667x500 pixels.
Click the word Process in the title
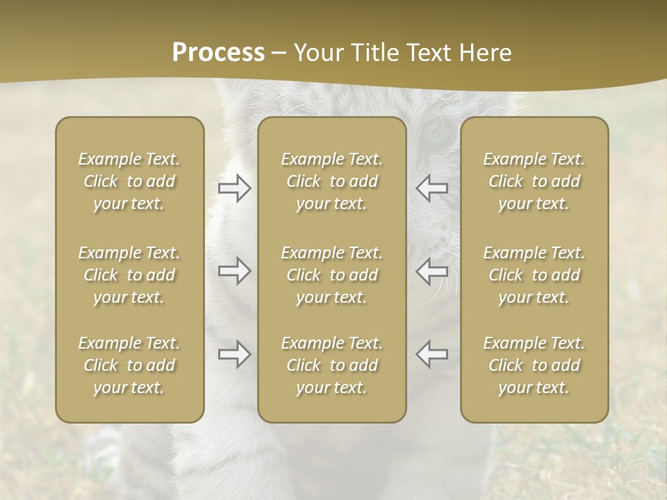(x=218, y=53)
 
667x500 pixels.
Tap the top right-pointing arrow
(x=234, y=188)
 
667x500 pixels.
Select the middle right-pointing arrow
(x=234, y=271)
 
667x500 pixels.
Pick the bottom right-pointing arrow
(x=234, y=354)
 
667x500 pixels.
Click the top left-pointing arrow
(x=431, y=188)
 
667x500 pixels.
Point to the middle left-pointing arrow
(x=431, y=271)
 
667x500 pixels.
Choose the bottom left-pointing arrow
(x=431, y=354)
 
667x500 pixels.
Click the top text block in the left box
(x=129, y=181)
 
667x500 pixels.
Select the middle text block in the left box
(x=129, y=275)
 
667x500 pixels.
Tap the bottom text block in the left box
(x=129, y=365)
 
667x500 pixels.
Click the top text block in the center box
(x=332, y=181)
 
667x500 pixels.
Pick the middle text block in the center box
(x=332, y=275)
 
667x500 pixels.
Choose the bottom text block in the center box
(x=332, y=365)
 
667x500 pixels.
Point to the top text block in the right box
(x=534, y=181)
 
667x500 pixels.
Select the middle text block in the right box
(x=534, y=275)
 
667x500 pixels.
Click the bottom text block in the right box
(x=534, y=365)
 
